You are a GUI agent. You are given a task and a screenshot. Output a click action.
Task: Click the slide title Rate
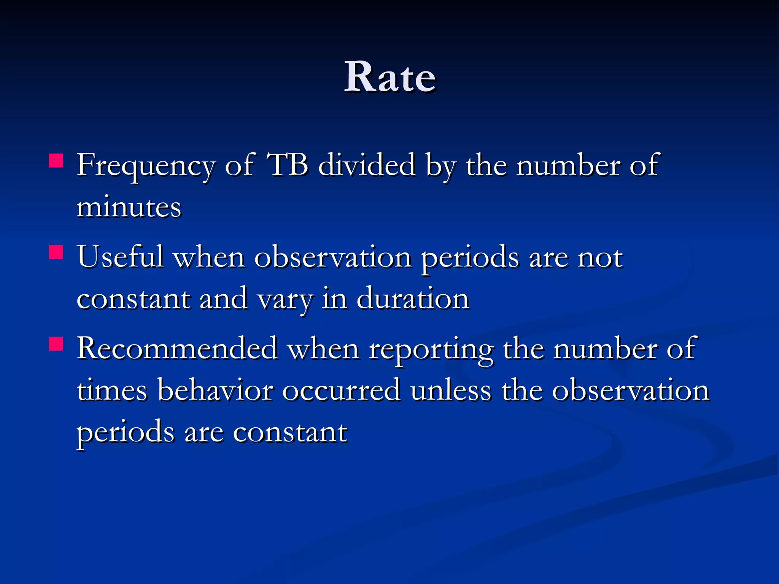(390, 77)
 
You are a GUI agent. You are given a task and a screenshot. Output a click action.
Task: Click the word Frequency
(146, 166)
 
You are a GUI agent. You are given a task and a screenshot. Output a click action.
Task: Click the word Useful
(121, 257)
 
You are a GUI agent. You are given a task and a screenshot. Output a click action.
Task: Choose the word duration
(413, 298)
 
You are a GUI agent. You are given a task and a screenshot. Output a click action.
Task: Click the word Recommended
(177, 348)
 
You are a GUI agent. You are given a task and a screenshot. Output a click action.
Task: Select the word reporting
(431, 350)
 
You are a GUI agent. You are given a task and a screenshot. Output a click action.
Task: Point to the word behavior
(215, 390)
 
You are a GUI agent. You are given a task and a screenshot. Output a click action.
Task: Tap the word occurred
(341, 390)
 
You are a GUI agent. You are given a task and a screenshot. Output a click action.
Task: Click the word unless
(451, 390)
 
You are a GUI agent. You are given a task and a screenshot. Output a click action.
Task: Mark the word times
(112, 390)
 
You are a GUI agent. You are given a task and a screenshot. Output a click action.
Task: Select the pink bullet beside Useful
(56, 252)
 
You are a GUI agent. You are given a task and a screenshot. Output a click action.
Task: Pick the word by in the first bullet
(440, 166)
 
